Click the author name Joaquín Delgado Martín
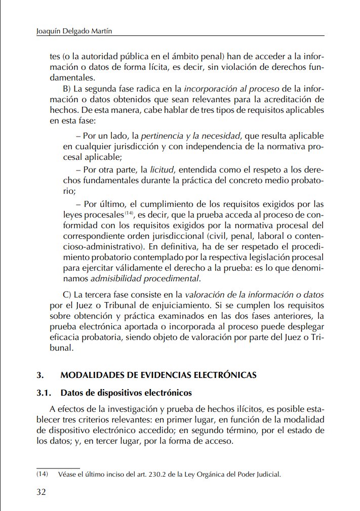coord(75,31)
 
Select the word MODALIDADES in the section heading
coord(89,375)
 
